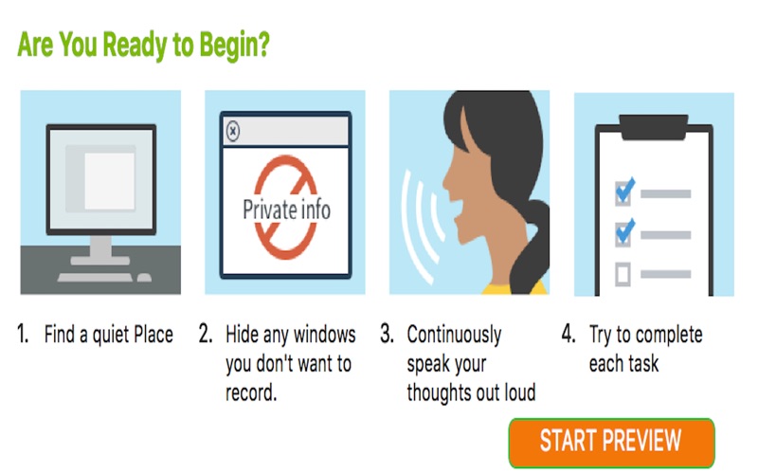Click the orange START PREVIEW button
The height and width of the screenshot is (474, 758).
click(x=611, y=443)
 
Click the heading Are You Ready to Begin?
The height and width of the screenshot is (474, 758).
click(x=143, y=46)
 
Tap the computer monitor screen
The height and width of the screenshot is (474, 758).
click(x=101, y=179)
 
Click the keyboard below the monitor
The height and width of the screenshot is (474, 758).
click(x=95, y=277)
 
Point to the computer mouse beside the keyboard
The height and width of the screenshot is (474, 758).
click(x=144, y=277)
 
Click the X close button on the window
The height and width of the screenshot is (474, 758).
click(x=233, y=131)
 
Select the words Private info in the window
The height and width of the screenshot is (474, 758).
click(x=287, y=210)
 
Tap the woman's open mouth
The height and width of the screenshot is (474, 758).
click(x=457, y=212)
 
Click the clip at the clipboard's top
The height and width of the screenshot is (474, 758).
click(x=654, y=127)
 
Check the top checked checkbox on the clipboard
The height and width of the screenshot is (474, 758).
click(x=623, y=193)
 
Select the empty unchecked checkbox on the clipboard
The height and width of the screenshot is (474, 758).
click(x=623, y=274)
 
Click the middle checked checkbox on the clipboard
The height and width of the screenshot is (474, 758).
click(x=623, y=234)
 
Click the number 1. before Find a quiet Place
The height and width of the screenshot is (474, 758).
click(x=23, y=334)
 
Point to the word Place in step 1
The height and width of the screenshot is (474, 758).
click(x=153, y=334)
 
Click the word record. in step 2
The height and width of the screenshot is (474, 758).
click(x=251, y=392)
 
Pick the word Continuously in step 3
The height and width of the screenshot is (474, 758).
click(x=455, y=336)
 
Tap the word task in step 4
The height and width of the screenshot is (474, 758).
click(x=643, y=363)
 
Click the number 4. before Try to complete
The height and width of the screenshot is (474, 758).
click(x=568, y=334)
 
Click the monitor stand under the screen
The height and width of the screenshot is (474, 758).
click(x=100, y=249)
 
